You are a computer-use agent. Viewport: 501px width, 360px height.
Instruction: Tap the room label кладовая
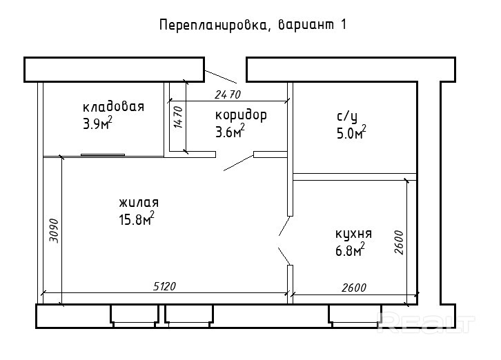[113, 107]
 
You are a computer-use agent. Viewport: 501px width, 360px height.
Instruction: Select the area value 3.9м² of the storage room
[97, 123]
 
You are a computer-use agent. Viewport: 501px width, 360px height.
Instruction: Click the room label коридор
[241, 114]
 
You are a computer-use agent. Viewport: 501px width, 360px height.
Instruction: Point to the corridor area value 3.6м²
[230, 132]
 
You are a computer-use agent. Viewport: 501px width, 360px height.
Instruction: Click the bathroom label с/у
[346, 116]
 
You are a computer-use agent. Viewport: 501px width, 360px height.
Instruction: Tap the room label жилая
[139, 203]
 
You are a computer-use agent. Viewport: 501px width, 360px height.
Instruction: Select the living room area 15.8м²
[137, 219]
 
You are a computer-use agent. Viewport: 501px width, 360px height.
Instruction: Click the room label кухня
[353, 233]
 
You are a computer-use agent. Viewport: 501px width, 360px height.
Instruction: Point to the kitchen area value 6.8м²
[349, 250]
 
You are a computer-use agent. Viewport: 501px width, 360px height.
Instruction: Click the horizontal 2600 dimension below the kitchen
[351, 287]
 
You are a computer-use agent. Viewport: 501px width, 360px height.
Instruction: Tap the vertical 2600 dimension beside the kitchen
[399, 242]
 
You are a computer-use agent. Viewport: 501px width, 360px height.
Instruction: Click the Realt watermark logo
[427, 321]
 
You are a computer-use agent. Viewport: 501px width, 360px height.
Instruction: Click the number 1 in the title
[342, 26]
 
